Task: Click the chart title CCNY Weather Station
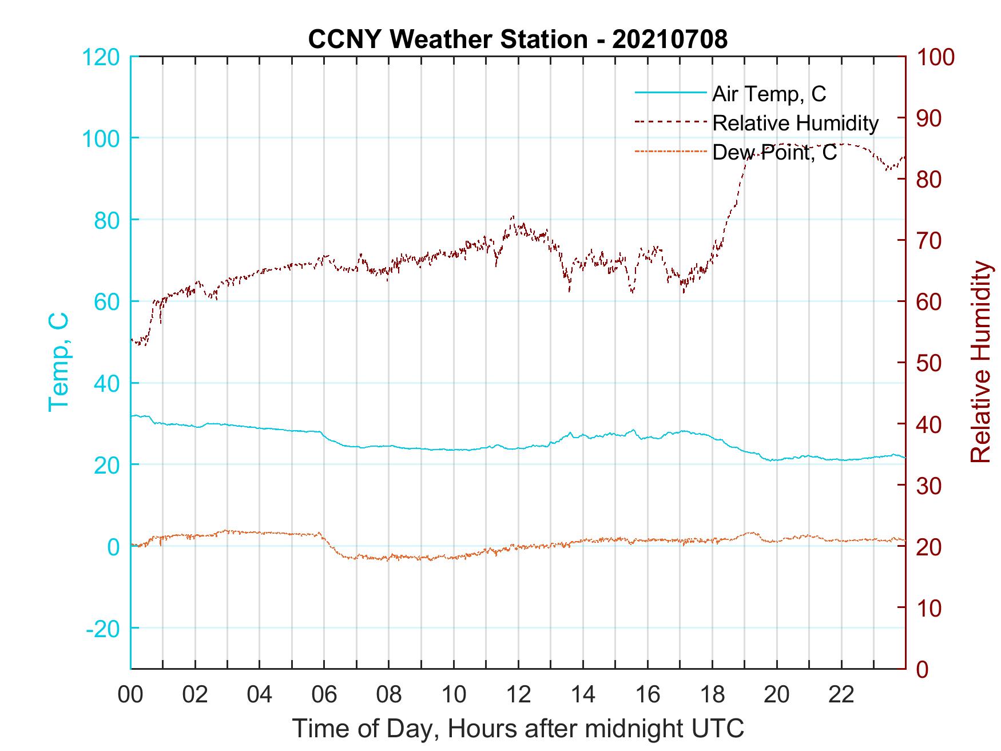(518, 39)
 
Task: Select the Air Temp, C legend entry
(768, 93)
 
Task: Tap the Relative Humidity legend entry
(795, 123)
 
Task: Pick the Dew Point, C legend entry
(774, 152)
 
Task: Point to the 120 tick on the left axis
(101, 57)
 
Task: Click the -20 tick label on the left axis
(103, 628)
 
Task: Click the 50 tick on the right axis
(929, 363)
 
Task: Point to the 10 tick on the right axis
(929, 607)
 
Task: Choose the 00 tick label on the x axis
(130, 694)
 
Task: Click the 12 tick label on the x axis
(518, 694)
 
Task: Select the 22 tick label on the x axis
(841, 694)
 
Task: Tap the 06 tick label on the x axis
(324, 694)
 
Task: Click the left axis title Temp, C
(58, 362)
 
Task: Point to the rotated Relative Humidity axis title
(980, 362)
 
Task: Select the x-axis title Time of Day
(518, 729)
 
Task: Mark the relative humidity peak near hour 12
(513, 217)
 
